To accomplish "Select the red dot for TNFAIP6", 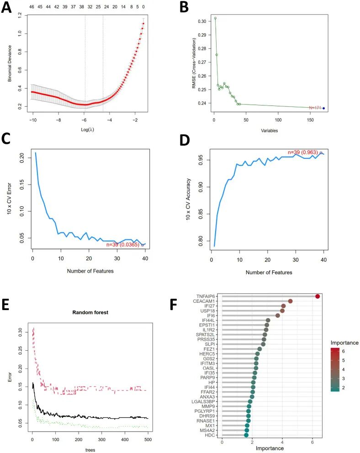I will point(318,297).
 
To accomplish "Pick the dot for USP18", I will point(282,311).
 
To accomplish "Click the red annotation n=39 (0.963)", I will point(303,153).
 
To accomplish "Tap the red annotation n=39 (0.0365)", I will point(123,244).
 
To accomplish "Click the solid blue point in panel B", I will point(324,108).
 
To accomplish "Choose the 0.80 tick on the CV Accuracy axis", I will point(199,241).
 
